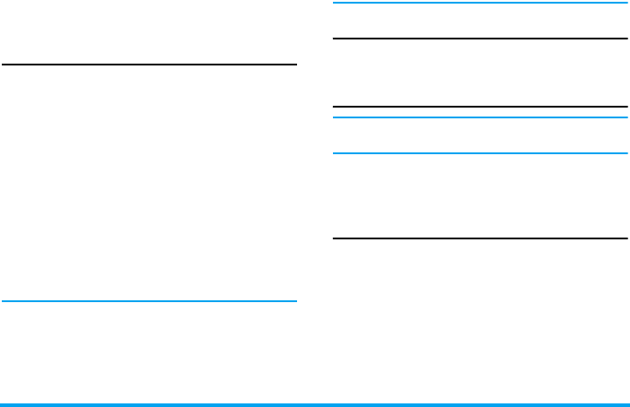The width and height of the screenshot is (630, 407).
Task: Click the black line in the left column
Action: pos(149,65)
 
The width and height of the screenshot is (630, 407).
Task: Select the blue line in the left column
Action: pos(149,301)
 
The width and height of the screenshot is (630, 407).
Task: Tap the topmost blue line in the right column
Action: pos(479,4)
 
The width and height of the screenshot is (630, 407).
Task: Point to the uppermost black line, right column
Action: pos(479,39)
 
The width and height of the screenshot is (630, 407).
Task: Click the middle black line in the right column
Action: pos(479,107)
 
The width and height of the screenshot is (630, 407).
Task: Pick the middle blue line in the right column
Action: pos(479,117)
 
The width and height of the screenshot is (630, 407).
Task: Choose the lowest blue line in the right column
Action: pos(479,153)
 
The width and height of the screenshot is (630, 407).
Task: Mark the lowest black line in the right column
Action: pos(479,238)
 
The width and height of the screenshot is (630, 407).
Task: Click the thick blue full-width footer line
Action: pos(315,404)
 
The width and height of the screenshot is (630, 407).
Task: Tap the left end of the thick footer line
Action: pos(3,404)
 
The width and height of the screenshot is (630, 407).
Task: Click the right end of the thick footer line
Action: pos(627,404)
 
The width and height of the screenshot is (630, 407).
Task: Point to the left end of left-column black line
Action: pos(4,65)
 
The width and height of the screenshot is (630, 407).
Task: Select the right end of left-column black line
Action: pos(294,65)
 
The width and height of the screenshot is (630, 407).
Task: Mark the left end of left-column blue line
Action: pos(4,301)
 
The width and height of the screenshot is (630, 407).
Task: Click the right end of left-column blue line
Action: pos(294,301)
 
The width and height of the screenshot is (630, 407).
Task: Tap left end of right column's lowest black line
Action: pos(335,238)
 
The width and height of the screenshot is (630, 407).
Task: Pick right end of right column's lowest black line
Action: pos(625,238)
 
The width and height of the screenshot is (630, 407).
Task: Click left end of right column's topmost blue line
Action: pos(335,4)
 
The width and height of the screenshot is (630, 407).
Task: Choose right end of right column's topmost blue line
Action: pos(625,4)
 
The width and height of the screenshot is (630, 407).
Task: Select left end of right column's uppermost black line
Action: pos(335,39)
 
